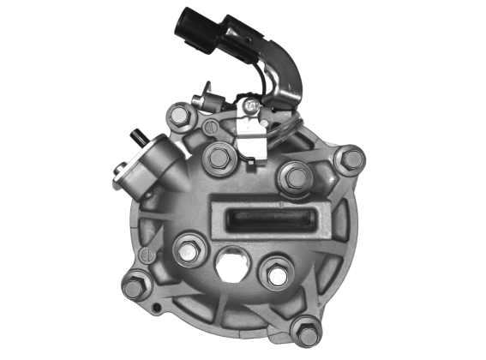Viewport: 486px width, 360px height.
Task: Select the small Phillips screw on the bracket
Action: tap(251, 105)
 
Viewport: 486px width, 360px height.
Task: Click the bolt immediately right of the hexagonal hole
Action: tap(276, 274)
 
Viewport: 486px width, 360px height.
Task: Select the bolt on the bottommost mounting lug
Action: tap(307, 330)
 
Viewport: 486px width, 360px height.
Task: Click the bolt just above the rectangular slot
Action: tap(297, 177)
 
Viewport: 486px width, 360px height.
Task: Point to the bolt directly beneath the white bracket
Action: tap(218, 158)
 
